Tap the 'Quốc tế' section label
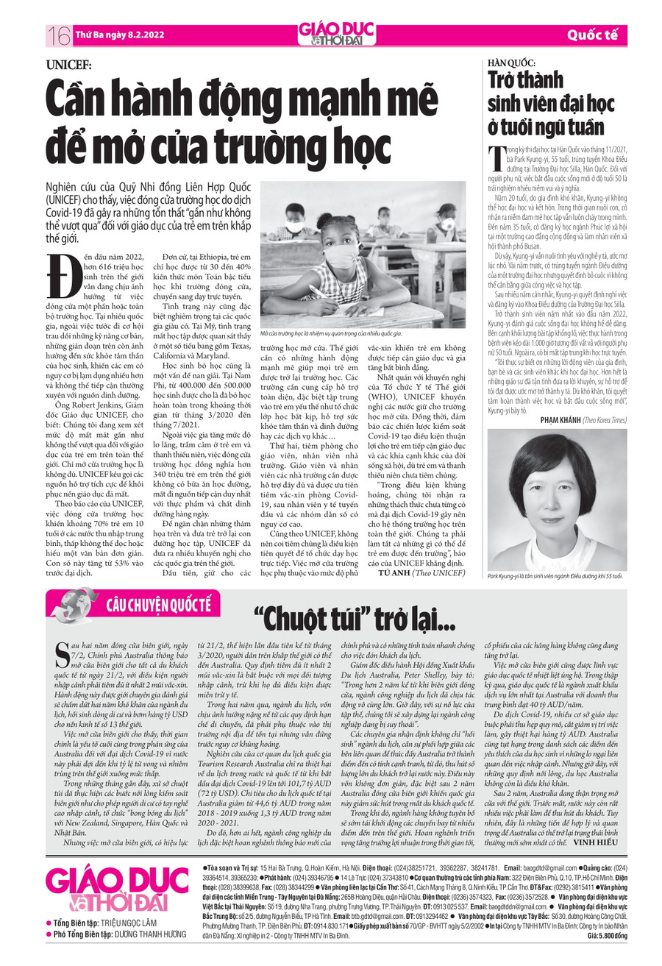point(591,35)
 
